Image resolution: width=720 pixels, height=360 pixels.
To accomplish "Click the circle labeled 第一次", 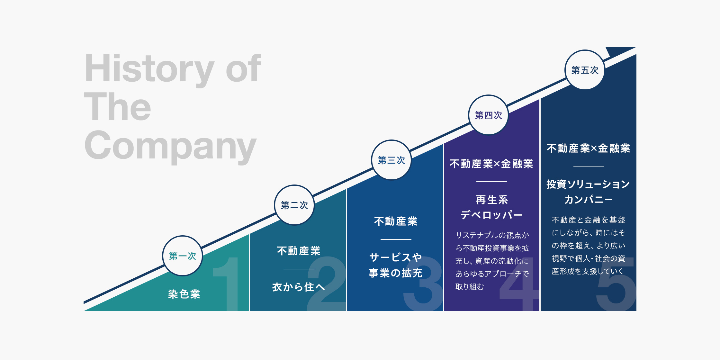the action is coord(183,256).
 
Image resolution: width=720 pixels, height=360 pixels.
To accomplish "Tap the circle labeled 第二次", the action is coord(294,205).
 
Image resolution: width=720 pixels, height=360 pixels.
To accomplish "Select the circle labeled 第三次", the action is coord(391,160).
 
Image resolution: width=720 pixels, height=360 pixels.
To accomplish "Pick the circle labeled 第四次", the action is coord(488,115).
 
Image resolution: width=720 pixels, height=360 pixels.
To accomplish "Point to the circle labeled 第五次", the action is coord(585,70).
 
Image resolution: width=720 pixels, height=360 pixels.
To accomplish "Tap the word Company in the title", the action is coord(170,146).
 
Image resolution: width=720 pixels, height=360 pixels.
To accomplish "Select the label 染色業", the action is coord(184,294).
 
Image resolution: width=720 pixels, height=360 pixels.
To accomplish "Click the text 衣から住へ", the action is coord(299,287).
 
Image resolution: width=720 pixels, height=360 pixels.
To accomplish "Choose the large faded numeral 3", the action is coord(423,283).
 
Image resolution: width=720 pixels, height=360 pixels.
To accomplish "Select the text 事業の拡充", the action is coord(395,273).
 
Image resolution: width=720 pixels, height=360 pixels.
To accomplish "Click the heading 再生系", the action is coord(492,200).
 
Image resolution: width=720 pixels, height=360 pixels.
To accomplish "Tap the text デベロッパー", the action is coord(492,215).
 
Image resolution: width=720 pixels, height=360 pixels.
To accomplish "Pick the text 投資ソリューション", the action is coord(588,184).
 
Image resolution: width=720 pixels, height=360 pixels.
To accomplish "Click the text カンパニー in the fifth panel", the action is coord(588,200).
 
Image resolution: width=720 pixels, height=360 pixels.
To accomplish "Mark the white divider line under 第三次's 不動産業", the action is coord(396,239).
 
